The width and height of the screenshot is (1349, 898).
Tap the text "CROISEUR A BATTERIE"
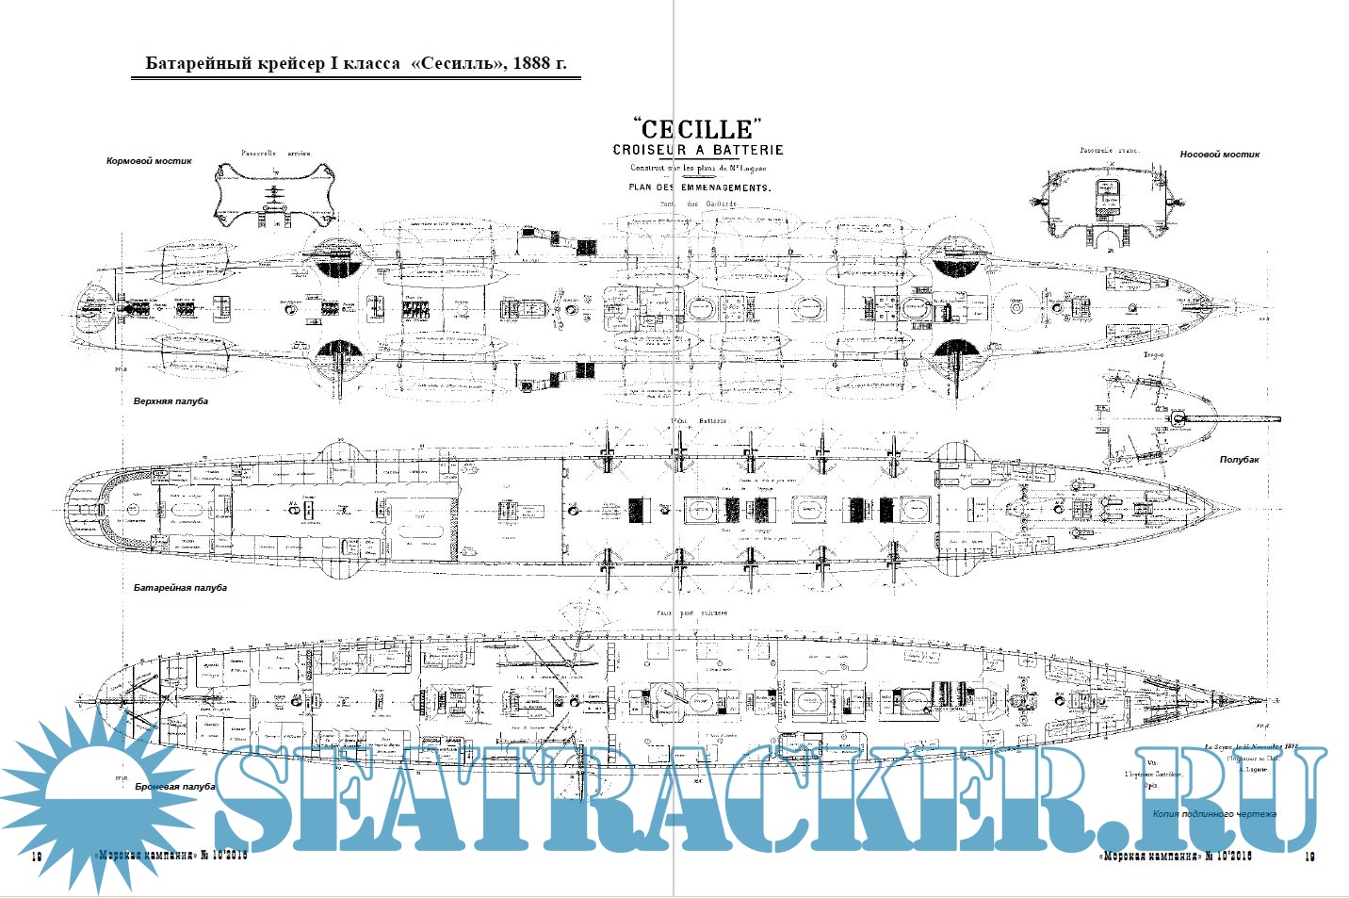(x=697, y=150)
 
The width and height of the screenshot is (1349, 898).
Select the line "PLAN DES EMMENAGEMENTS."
(x=699, y=188)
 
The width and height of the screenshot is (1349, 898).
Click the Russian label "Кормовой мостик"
(x=149, y=161)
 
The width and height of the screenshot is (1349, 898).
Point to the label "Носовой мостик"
(x=1219, y=155)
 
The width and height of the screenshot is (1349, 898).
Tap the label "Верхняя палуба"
(x=171, y=401)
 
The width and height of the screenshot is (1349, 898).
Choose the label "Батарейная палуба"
(x=180, y=588)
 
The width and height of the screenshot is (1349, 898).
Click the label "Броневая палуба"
(x=175, y=786)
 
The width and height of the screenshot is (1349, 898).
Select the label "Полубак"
(x=1239, y=460)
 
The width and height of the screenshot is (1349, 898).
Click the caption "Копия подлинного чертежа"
(x=1214, y=813)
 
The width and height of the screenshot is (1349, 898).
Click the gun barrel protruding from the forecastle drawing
(x=1243, y=418)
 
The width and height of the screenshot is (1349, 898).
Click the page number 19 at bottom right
(x=1309, y=857)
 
